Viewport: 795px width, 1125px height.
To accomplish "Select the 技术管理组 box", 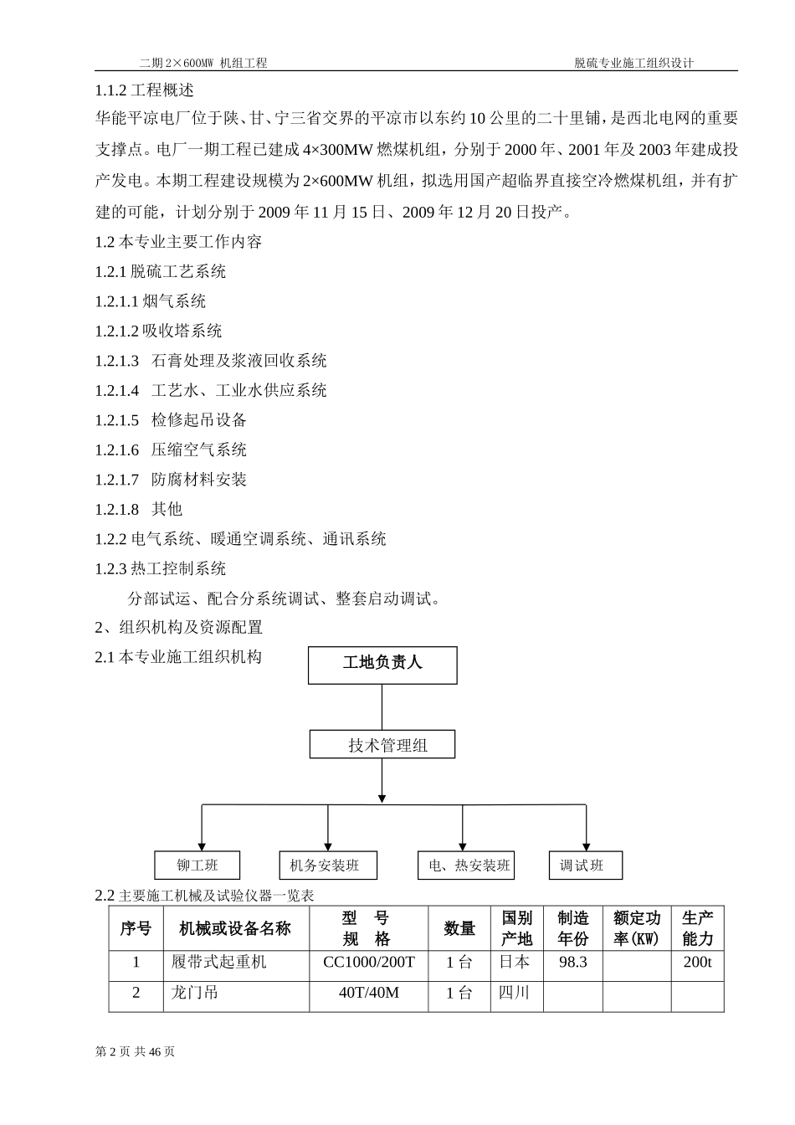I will click(x=382, y=744).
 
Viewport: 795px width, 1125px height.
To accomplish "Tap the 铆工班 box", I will click(x=197, y=865).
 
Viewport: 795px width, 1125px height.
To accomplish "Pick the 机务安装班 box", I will click(x=327, y=865).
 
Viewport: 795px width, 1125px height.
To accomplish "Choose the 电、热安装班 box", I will click(x=466, y=865).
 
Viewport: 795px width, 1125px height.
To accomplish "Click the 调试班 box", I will click(x=585, y=865).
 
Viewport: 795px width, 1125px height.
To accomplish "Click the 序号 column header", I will click(x=136, y=928).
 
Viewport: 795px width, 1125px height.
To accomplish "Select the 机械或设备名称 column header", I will click(x=235, y=928).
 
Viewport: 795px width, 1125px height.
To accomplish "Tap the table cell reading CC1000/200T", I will click(x=368, y=963).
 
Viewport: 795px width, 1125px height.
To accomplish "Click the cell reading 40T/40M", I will click(x=368, y=993).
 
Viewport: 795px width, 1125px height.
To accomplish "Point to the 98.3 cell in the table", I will click(x=573, y=963).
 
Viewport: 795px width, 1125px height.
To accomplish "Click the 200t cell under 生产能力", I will click(x=697, y=963).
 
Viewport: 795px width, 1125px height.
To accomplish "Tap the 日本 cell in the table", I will click(x=515, y=963).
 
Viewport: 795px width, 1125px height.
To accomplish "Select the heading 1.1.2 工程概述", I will click(x=144, y=90).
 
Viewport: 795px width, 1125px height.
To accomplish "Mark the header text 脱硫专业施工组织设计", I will click(x=633, y=63).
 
